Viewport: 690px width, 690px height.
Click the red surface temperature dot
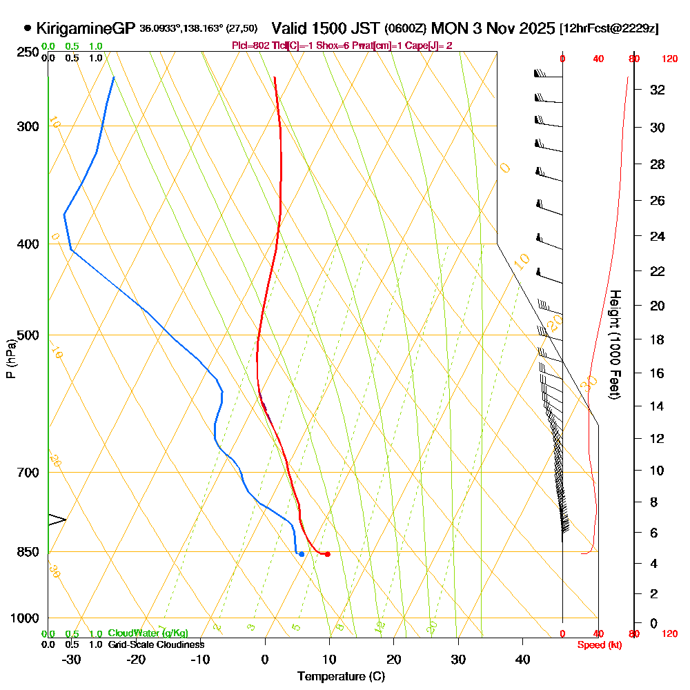(327, 554)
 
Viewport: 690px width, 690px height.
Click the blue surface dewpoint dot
(302, 554)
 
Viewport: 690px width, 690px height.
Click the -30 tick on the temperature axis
(71, 660)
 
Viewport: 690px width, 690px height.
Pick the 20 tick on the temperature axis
(394, 660)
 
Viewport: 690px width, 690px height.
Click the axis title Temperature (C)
(341, 676)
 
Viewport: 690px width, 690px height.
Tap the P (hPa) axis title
(10, 359)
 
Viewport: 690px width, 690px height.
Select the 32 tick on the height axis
(658, 90)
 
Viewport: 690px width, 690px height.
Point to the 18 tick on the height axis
(658, 339)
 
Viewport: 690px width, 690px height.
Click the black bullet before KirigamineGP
(28, 28)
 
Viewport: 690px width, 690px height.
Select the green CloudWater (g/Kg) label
(148, 633)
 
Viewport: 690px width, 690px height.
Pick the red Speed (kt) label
(598, 644)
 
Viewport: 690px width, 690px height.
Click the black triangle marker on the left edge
(57, 520)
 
